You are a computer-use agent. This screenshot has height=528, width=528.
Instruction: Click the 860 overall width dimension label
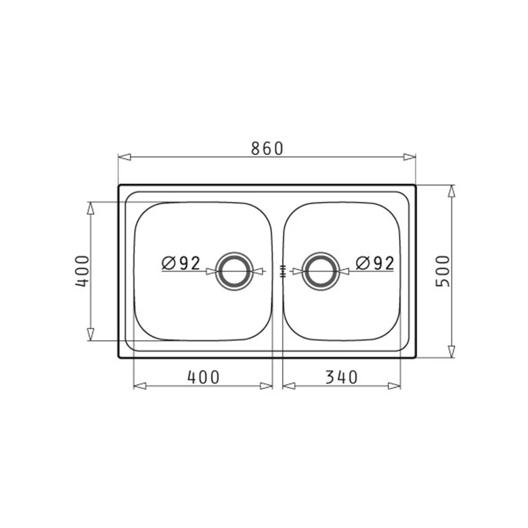(x=267, y=149)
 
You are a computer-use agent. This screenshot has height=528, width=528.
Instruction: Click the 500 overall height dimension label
(x=443, y=271)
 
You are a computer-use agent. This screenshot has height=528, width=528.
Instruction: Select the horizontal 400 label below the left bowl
(x=203, y=377)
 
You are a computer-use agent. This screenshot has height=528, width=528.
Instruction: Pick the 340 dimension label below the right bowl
(x=342, y=377)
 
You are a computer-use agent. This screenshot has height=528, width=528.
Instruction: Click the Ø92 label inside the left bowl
(x=181, y=263)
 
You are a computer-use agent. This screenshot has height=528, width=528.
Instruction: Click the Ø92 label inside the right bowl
(x=375, y=263)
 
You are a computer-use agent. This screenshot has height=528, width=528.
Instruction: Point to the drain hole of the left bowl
(x=234, y=271)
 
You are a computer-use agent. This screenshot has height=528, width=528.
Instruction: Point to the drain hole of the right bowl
(x=320, y=271)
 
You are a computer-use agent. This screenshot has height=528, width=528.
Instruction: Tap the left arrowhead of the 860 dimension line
(x=125, y=157)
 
